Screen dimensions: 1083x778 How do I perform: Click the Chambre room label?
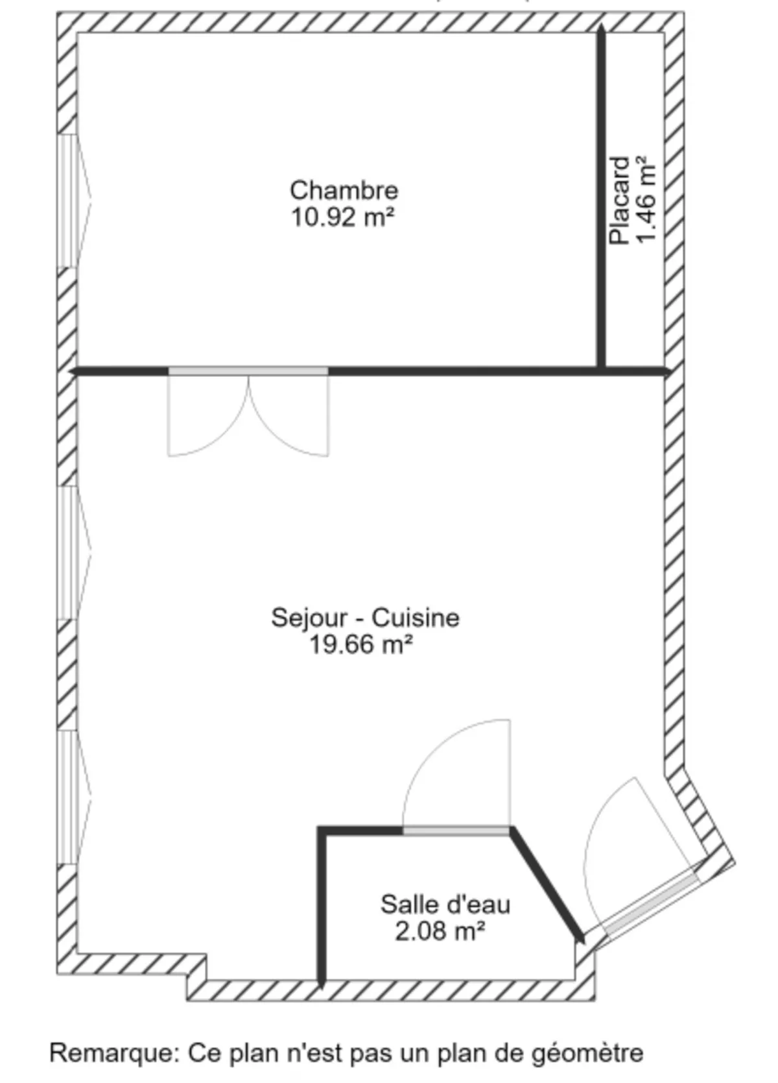tap(344, 191)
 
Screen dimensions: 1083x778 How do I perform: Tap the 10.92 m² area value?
tap(342, 217)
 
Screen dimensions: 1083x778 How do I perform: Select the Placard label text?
tap(620, 201)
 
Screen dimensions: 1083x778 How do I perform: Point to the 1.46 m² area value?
tap(646, 199)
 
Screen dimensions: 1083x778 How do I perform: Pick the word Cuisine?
tap(416, 617)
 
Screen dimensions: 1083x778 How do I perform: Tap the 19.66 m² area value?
tap(361, 645)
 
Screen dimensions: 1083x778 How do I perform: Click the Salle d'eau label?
tap(445, 904)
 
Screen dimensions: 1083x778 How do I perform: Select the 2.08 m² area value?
tap(440, 932)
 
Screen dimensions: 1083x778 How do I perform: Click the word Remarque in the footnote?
tap(113, 1053)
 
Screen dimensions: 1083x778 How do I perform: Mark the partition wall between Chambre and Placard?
tap(602, 195)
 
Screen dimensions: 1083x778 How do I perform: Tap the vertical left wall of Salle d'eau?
tap(321, 905)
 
